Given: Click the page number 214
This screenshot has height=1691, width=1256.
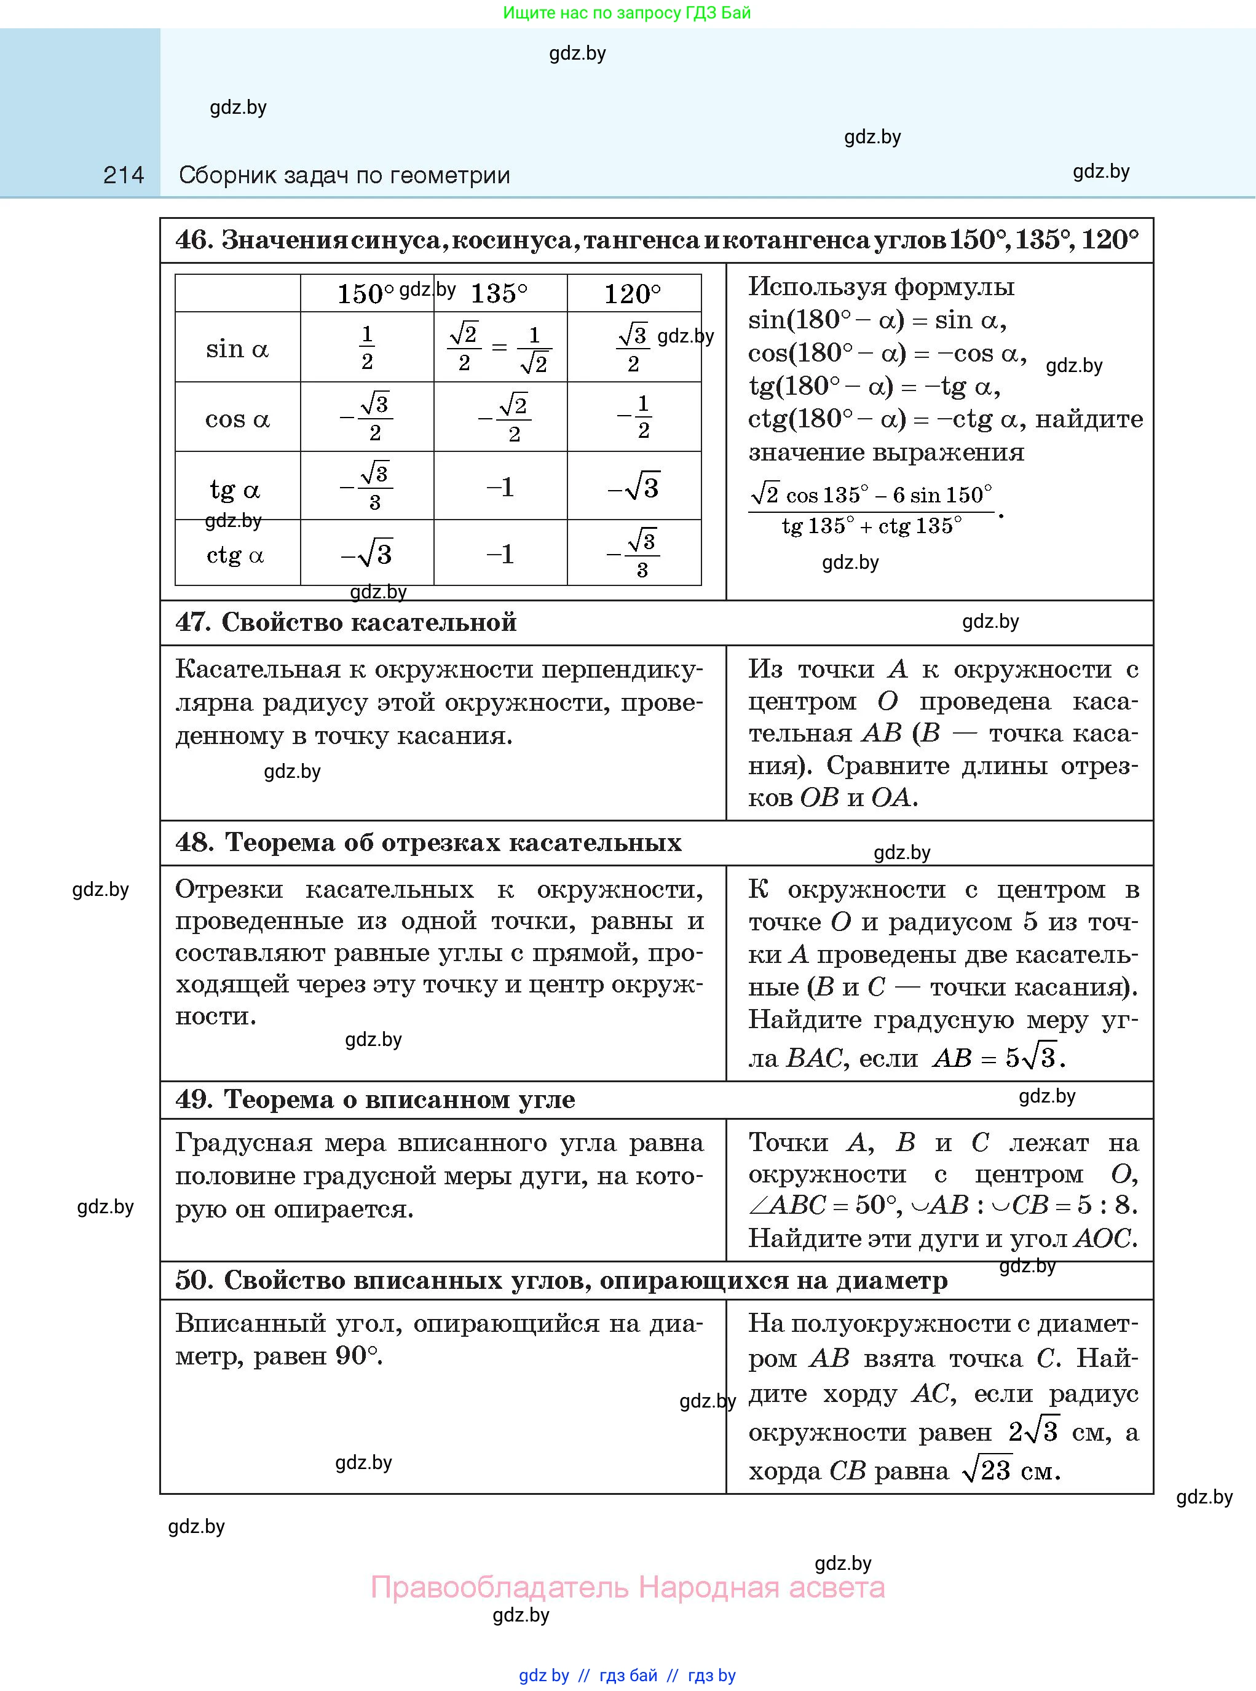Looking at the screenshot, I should coord(123,176).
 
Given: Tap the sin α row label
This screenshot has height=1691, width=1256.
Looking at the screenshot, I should coord(237,349).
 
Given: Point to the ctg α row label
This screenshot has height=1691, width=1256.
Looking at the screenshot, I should coord(235,555).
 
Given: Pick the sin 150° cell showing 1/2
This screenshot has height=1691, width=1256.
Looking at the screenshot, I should coord(367,347).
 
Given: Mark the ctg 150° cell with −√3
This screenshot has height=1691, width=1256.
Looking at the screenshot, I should coord(366,554).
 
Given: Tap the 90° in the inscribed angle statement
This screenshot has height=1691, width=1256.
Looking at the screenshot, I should coord(355,1356).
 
